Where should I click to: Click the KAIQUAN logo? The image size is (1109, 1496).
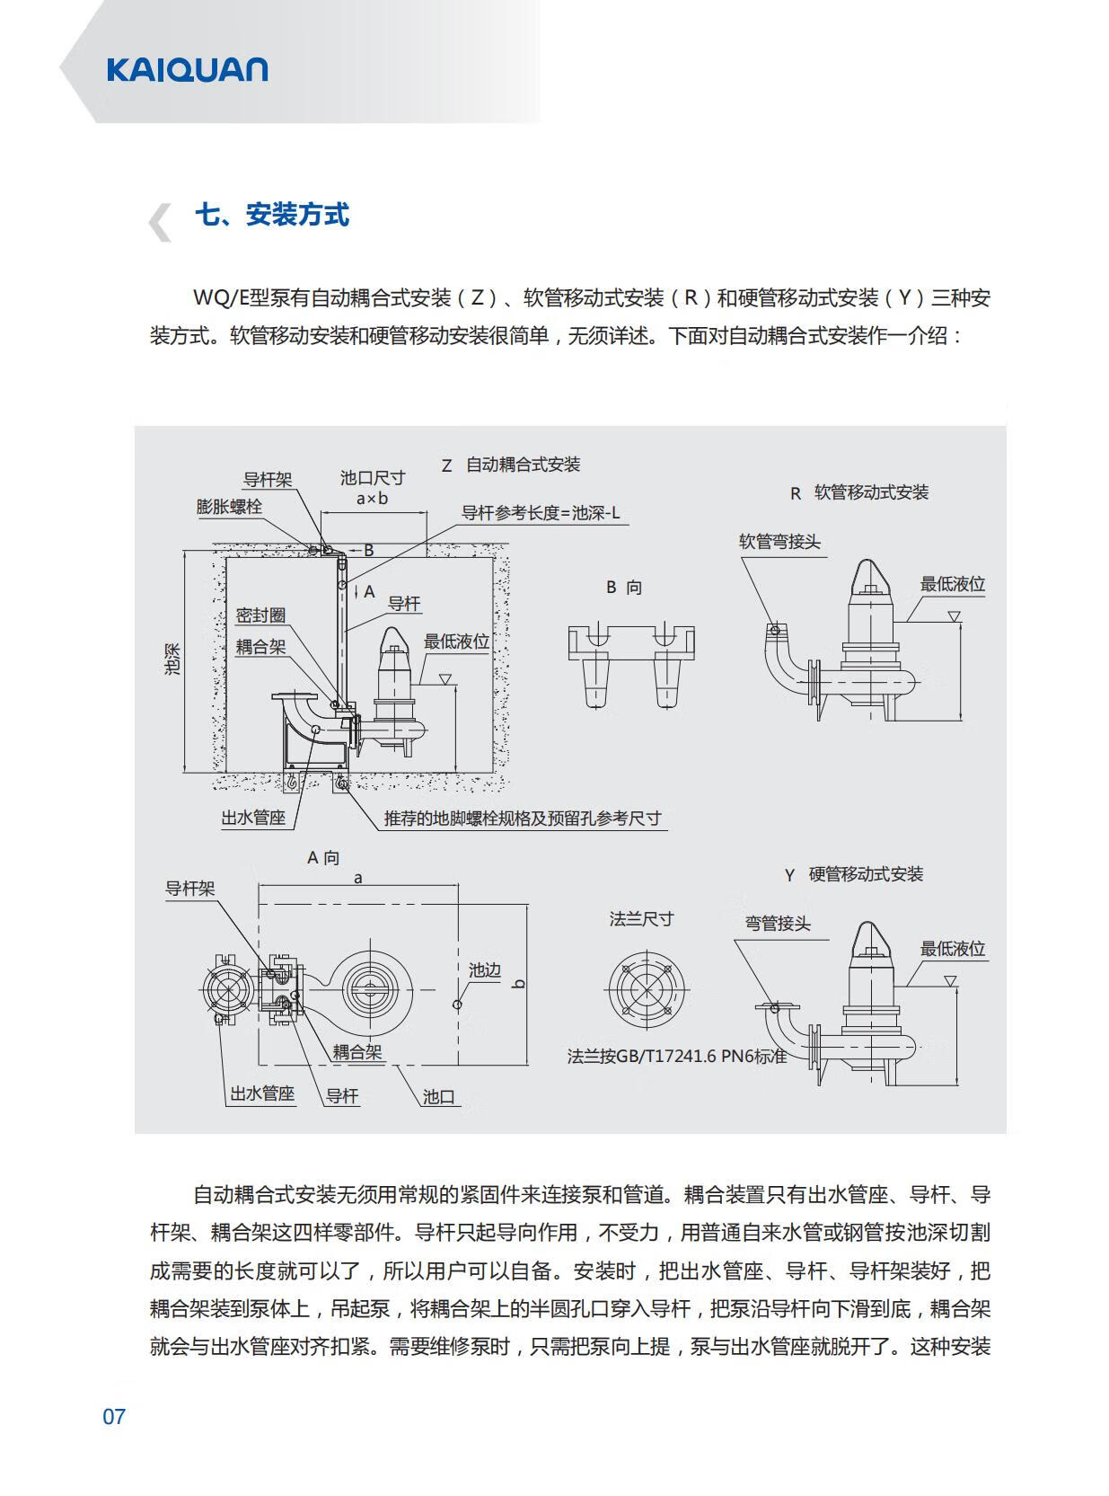(x=187, y=70)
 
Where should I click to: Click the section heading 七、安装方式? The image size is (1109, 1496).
(x=271, y=216)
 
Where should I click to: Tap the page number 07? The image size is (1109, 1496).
(x=114, y=1417)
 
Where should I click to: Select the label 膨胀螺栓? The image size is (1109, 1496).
(x=229, y=507)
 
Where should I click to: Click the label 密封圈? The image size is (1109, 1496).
(x=260, y=615)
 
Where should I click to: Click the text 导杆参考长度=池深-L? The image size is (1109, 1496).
(x=541, y=513)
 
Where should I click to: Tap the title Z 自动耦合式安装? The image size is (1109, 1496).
(x=511, y=465)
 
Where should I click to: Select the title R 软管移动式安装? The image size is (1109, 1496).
(x=859, y=492)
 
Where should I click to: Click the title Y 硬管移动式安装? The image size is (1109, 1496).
(x=854, y=874)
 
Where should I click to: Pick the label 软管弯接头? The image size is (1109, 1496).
(x=779, y=542)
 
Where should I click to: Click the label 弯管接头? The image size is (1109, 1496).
(x=778, y=923)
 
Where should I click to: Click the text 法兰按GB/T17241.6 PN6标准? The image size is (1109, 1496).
(x=677, y=1056)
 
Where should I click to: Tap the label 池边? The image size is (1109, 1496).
(x=484, y=970)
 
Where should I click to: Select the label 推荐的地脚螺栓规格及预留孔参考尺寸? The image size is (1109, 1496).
(x=523, y=819)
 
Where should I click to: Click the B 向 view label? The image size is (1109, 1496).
(x=624, y=588)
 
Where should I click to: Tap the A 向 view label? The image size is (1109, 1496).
(x=323, y=857)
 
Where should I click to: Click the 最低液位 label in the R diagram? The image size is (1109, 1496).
(x=952, y=584)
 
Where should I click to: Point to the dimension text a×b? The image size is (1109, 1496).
(x=372, y=498)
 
